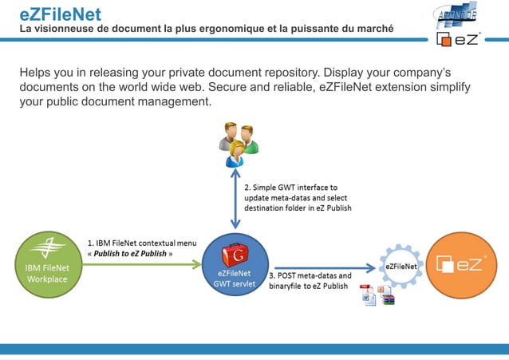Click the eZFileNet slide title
60,14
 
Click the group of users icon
238,144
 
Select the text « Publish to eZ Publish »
132,254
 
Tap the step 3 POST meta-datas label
314,280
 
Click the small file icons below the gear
377,295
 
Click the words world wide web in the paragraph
195,88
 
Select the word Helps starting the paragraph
37,73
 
